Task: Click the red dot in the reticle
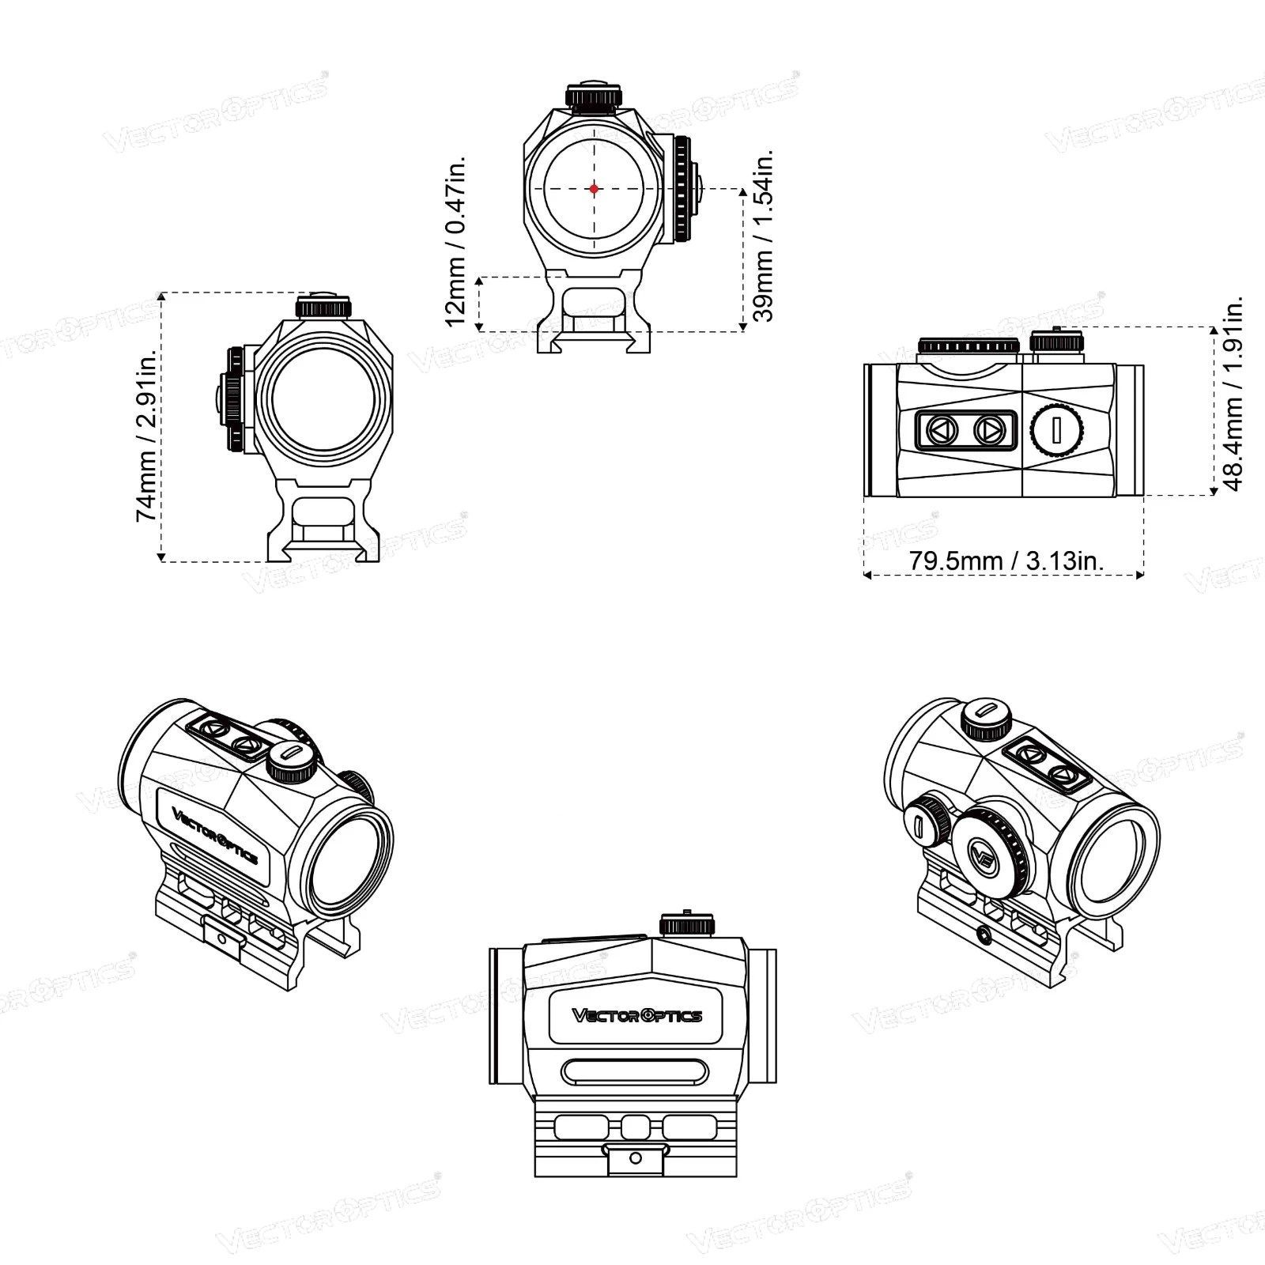pos(594,189)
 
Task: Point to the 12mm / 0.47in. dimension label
pos(456,240)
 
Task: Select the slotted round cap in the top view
pos(1057,431)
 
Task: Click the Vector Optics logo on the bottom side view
pos(636,1016)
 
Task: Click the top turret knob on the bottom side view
pos(688,923)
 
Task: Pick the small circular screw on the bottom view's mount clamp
pos(634,1158)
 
